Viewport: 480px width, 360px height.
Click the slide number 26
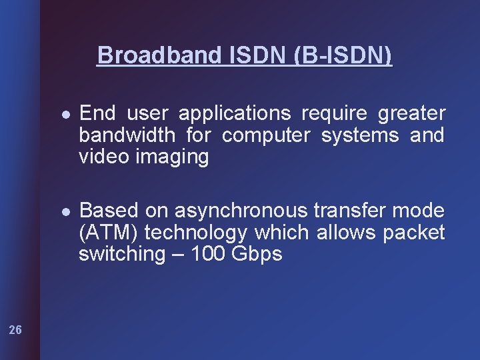pos(15,329)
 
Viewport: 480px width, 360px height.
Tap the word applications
pos(235,113)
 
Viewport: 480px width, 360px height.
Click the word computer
pos(266,135)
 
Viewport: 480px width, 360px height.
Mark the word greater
pos(411,114)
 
